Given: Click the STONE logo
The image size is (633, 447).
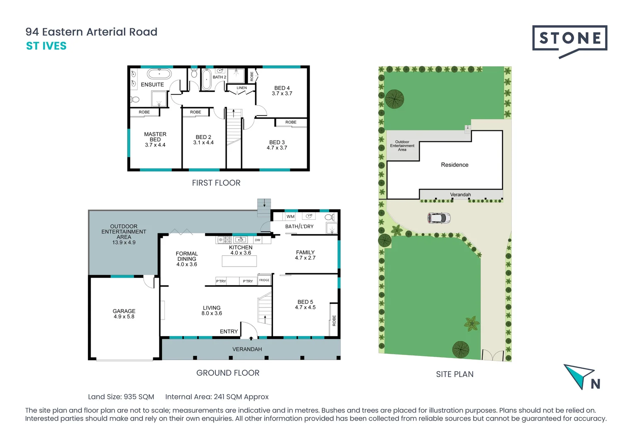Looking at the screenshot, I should (570, 39).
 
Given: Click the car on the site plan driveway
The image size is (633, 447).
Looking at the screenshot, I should (439, 218).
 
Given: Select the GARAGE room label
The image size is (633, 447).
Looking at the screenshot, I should (124, 311).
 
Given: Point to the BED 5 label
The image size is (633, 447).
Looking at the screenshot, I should (305, 302).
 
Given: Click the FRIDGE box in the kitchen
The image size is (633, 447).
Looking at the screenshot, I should (264, 280).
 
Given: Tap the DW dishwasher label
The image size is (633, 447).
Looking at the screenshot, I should (258, 240).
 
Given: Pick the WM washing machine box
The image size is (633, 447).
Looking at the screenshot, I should (291, 216).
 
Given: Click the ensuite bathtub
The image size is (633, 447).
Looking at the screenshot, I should (159, 74).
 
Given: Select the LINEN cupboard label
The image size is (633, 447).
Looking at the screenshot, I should (242, 88).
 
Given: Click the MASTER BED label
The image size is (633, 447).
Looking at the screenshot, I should (155, 137).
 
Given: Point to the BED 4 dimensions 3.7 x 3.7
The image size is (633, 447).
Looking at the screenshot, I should (282, 94).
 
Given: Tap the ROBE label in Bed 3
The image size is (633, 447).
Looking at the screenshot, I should (291, 122).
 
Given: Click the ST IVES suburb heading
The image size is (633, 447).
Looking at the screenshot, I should (46, 46).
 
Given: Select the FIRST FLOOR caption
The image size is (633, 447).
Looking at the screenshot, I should (216, 183).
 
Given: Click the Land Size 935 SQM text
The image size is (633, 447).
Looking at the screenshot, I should (121, 397).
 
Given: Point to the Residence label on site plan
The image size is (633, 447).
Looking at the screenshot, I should (454, 165).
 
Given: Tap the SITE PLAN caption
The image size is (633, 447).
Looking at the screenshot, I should (454, 374).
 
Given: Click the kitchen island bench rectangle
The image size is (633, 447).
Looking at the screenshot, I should (239, 261).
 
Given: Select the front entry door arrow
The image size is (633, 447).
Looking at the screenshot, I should (251, 338).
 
